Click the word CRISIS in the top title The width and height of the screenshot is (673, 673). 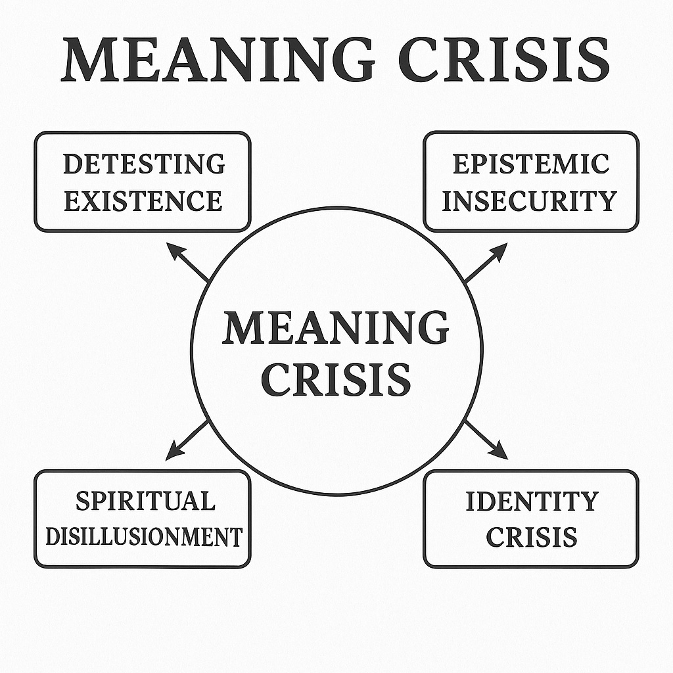(505, 60)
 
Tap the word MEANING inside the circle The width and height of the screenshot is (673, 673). (336, 328)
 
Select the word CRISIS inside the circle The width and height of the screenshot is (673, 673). (336, 379)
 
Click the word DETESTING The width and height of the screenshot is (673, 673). (143, 164)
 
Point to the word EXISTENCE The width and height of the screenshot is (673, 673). (143, 200)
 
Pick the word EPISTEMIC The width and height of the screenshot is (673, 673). (530, 164)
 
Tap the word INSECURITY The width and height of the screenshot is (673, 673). (530, 200)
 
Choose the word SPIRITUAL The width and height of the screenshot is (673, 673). (145, 501)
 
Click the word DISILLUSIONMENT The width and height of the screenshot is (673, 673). (144, 537)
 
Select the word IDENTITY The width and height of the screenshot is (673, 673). (532, 501)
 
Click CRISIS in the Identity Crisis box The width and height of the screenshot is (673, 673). (532, 537)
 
